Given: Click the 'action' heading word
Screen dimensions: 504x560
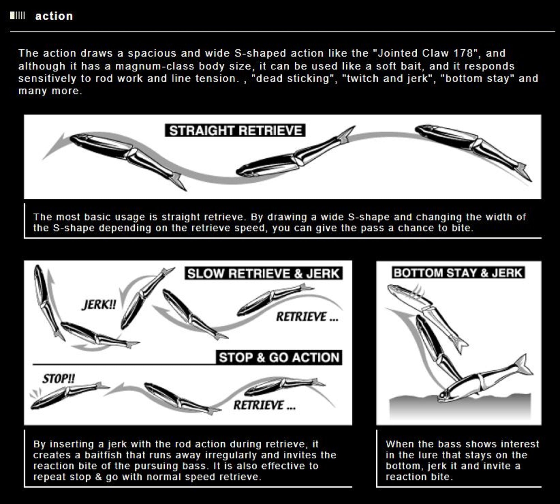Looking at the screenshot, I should click(54, 16).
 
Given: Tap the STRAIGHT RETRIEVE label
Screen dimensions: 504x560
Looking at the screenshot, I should click(235, 131).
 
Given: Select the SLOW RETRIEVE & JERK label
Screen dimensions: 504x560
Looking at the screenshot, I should click(263, 274).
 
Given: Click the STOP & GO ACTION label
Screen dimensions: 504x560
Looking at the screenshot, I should click(279, 357).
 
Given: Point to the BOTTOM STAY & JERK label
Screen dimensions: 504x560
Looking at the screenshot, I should click(458, 273).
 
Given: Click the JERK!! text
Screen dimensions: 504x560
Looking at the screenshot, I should click(99, 305).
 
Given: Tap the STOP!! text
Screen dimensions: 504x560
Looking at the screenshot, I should click(59, 379).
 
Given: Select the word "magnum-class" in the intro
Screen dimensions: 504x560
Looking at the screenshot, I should click(155, 66).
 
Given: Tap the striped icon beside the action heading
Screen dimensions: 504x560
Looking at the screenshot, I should click(17, 16).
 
